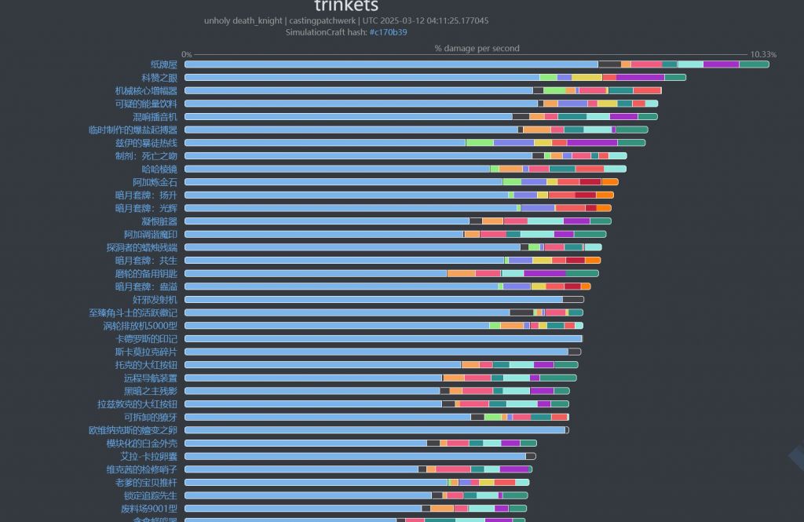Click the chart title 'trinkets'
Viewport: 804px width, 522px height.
pyautogui.click(x=346, y=6)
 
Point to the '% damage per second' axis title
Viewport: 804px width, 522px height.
pyautogui.click(x=477, y=49)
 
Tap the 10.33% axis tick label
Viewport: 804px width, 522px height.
pyautogui.click(x=762, y=54)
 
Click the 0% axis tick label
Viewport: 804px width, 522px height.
pyautogui.click(x=187, y=54)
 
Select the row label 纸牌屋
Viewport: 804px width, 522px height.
pyautogui.click(x=164, y=64)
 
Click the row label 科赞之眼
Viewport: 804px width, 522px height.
pyautogui.click(x=159, y=78)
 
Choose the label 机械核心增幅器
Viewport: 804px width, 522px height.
pyautogui.click(x=146, y=91)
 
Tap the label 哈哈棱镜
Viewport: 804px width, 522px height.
pyautogui.click(x=159, y=169)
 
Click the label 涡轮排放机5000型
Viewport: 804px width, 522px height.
pyautogui.click(x=141, y=326)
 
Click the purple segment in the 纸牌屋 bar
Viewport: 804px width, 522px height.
pyautogui.click(x=721, y=64)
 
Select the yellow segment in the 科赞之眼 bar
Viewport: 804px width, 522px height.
pyautogui.click(x=587, y=78)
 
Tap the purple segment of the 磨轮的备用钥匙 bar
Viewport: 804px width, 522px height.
pyautogui.click(x=544, y=273)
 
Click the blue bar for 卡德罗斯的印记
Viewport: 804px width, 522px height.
pyautogui.click(x=382, y=339)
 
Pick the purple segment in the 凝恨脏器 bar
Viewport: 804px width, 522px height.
pyautogui.click(x=576, y=221)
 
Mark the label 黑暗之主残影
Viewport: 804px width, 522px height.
pyautogui.click(x=150, y=391)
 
